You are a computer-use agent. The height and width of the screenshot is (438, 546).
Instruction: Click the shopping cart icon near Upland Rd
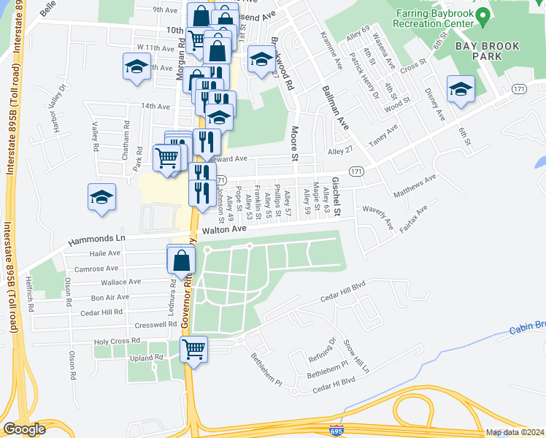[x=193, y=350]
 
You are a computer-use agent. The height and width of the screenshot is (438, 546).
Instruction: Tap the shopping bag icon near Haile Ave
[x=181, y=258]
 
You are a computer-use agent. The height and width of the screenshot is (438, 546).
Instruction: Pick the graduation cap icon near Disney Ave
[x=461, y=89]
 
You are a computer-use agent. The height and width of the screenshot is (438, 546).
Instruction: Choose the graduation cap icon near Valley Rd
[x=102, y=196]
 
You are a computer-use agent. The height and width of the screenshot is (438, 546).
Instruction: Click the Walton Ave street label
[x=223, y=229]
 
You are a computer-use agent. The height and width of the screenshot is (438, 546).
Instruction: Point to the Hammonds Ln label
[x=97, y=239]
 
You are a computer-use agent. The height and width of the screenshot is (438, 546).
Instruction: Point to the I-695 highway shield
[x=337, y=431]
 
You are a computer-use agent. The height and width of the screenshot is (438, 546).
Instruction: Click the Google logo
[x=24, y=429]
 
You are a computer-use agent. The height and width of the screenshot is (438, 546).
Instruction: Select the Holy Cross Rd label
[x=116, y=341]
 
